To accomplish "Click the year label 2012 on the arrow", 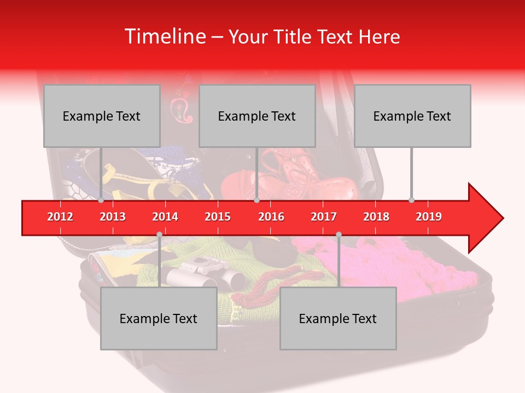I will tap(60, 217).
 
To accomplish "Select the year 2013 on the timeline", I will tap(113, 217).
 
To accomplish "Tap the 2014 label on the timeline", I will tap(165, 217).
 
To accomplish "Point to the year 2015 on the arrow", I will tap(218, 217).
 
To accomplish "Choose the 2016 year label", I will tap(271, 217).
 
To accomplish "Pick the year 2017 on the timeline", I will tap(324, 217).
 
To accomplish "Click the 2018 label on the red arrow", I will tap(376, 217).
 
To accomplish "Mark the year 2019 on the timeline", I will tap(429, 217).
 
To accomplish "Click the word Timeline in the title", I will tap(164, 37).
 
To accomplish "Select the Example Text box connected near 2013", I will tap(102, 116).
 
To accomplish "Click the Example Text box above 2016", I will tap(257, 116).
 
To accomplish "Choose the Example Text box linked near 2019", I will tap(412, 116).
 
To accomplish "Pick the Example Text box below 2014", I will tap(159, 318).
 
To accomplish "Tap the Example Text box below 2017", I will tap(338, 318).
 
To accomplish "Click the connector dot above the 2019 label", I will tap(412, 200).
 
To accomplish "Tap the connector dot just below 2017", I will tap(339, 235).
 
